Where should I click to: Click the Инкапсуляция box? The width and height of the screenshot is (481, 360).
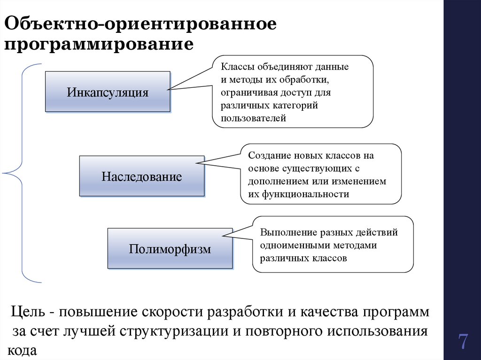(108, 92)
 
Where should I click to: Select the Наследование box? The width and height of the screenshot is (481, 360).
(142, 176)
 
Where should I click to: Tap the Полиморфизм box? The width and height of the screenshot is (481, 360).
(170, 249)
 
